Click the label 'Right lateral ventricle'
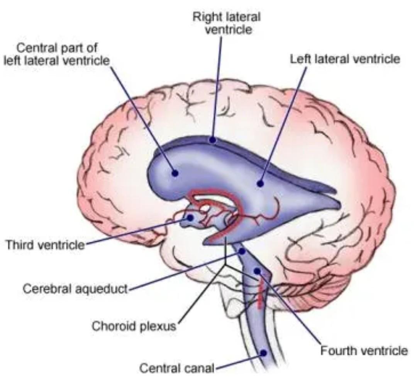[227, 23]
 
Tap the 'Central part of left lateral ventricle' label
[56, 54]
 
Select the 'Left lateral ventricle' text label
[345, 59]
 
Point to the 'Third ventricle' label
[44, 244]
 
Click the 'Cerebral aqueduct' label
[75, 288]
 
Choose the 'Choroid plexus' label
[134, 326]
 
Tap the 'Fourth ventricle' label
[364, 351]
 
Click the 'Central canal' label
[176, 369]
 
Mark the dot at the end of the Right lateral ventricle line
[212, 140]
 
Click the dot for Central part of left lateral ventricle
[175, 173]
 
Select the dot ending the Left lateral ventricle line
[260, 184]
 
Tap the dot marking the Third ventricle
[190, 217]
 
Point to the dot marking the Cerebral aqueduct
[242, 251]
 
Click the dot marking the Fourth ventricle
[257, 271]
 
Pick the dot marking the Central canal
[263, 352]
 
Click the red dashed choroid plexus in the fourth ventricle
[261, 295]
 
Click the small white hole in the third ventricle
[206, 209]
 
